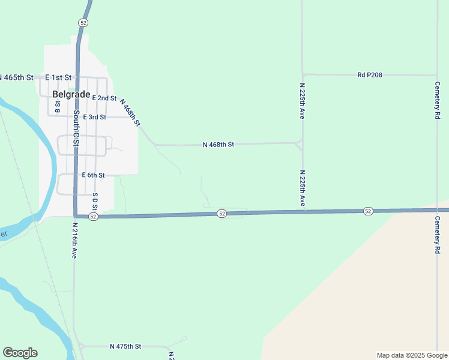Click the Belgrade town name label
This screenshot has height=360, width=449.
pos(71,94)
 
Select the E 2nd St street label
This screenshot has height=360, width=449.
pos(104,98)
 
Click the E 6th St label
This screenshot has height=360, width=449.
pos(93,175)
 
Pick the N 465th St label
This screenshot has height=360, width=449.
pos(16,77)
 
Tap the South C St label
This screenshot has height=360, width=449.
pos(76,127)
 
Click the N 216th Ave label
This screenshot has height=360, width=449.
pos(75,241)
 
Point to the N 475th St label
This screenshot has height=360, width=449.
pos(125,347)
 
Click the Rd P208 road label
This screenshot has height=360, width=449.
pos(370,75)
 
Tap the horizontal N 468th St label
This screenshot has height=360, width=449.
pos(218,145)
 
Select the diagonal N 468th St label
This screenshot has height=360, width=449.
pos(130,112)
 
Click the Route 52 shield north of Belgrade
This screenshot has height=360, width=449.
pos(83,22)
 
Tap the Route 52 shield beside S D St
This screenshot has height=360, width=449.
pos(93,217)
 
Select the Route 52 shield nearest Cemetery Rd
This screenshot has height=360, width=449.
pos(368,211)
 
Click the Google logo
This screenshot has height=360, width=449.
pos(20,353)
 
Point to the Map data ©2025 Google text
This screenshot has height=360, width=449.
pos(411,355)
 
